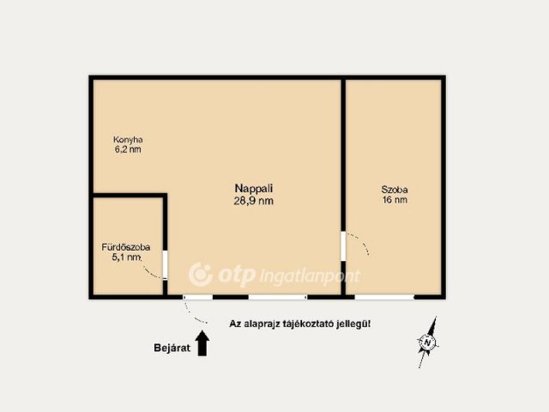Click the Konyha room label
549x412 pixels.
pyautogui.click(x=128, y=140)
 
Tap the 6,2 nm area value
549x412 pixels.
pyautogui.click(x=128, y=149)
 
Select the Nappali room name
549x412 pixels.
pyautogui.click(x=254, y=189)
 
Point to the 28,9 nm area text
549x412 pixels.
pyautogui.click(x=254, y=201)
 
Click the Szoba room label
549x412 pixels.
pyautogui.click(x=395, y=190)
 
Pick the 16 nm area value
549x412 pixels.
pyautogui.click(x=395, y=200)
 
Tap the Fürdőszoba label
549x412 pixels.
pyautogui.click(x=126, y=247)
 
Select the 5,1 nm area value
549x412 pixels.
pyautogui.click(x=126, y=257)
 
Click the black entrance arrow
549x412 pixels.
pyautogui.click(x=202, y=343)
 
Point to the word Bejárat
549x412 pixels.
pyautogui.click(x=172, y=348)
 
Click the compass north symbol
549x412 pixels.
pyautogui.click(x=427, y=342)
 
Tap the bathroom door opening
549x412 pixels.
pyautogui.click(x=165, y=264)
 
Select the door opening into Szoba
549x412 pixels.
pyautogui.click(x=343, y=246)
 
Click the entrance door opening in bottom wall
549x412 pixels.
pyautogui.click(x=198, y=297)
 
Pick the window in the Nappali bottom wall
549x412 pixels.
pyautogui.click(x=278, y=297)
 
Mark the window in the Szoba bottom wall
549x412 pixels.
pyautogui.click(x=384, y=297)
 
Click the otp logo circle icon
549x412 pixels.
pyautogui.click(x=201, y=275)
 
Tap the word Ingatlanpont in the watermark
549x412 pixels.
pyautogui.click(x=311, y=276)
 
